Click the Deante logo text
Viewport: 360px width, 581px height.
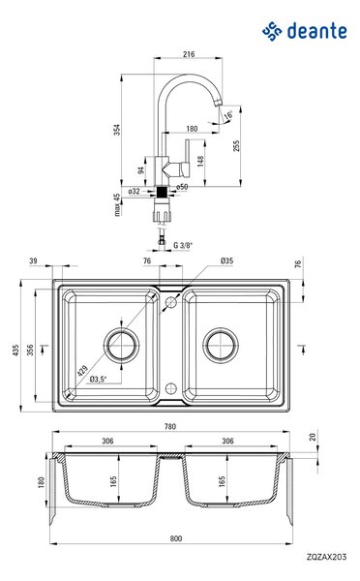317,31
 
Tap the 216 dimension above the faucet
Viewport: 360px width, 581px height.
189,54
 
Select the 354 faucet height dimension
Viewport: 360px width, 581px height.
117,130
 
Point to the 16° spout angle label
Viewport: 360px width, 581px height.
228,114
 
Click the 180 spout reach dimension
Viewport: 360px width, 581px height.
192,129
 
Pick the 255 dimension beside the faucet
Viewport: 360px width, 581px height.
236,145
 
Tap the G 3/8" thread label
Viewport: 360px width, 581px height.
183,245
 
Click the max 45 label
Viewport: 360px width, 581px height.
117,205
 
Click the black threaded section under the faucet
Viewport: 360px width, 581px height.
163,193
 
